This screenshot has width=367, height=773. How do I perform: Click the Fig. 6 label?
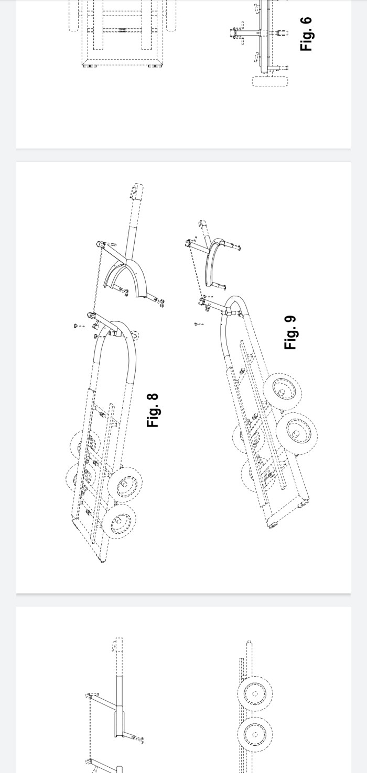click(306, 34)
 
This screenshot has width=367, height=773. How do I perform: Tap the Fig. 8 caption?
click(153, 410)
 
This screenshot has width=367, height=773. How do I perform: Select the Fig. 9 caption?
click(290, 332)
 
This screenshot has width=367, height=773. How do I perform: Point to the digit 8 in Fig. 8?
click(153, 397)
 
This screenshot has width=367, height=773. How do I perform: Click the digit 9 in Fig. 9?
click(290, 319)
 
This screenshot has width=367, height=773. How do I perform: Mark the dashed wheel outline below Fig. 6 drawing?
click(270, 82)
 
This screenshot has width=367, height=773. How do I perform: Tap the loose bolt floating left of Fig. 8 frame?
click(79, 326)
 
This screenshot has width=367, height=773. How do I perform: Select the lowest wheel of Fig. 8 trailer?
click(120, 521)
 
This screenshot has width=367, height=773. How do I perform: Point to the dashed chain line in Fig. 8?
click(97, 279)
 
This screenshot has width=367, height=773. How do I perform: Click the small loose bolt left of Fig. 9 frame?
click(199, 324)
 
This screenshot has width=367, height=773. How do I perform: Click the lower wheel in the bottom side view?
click(255, 734)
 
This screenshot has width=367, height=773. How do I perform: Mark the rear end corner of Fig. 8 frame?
click(103, 561)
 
